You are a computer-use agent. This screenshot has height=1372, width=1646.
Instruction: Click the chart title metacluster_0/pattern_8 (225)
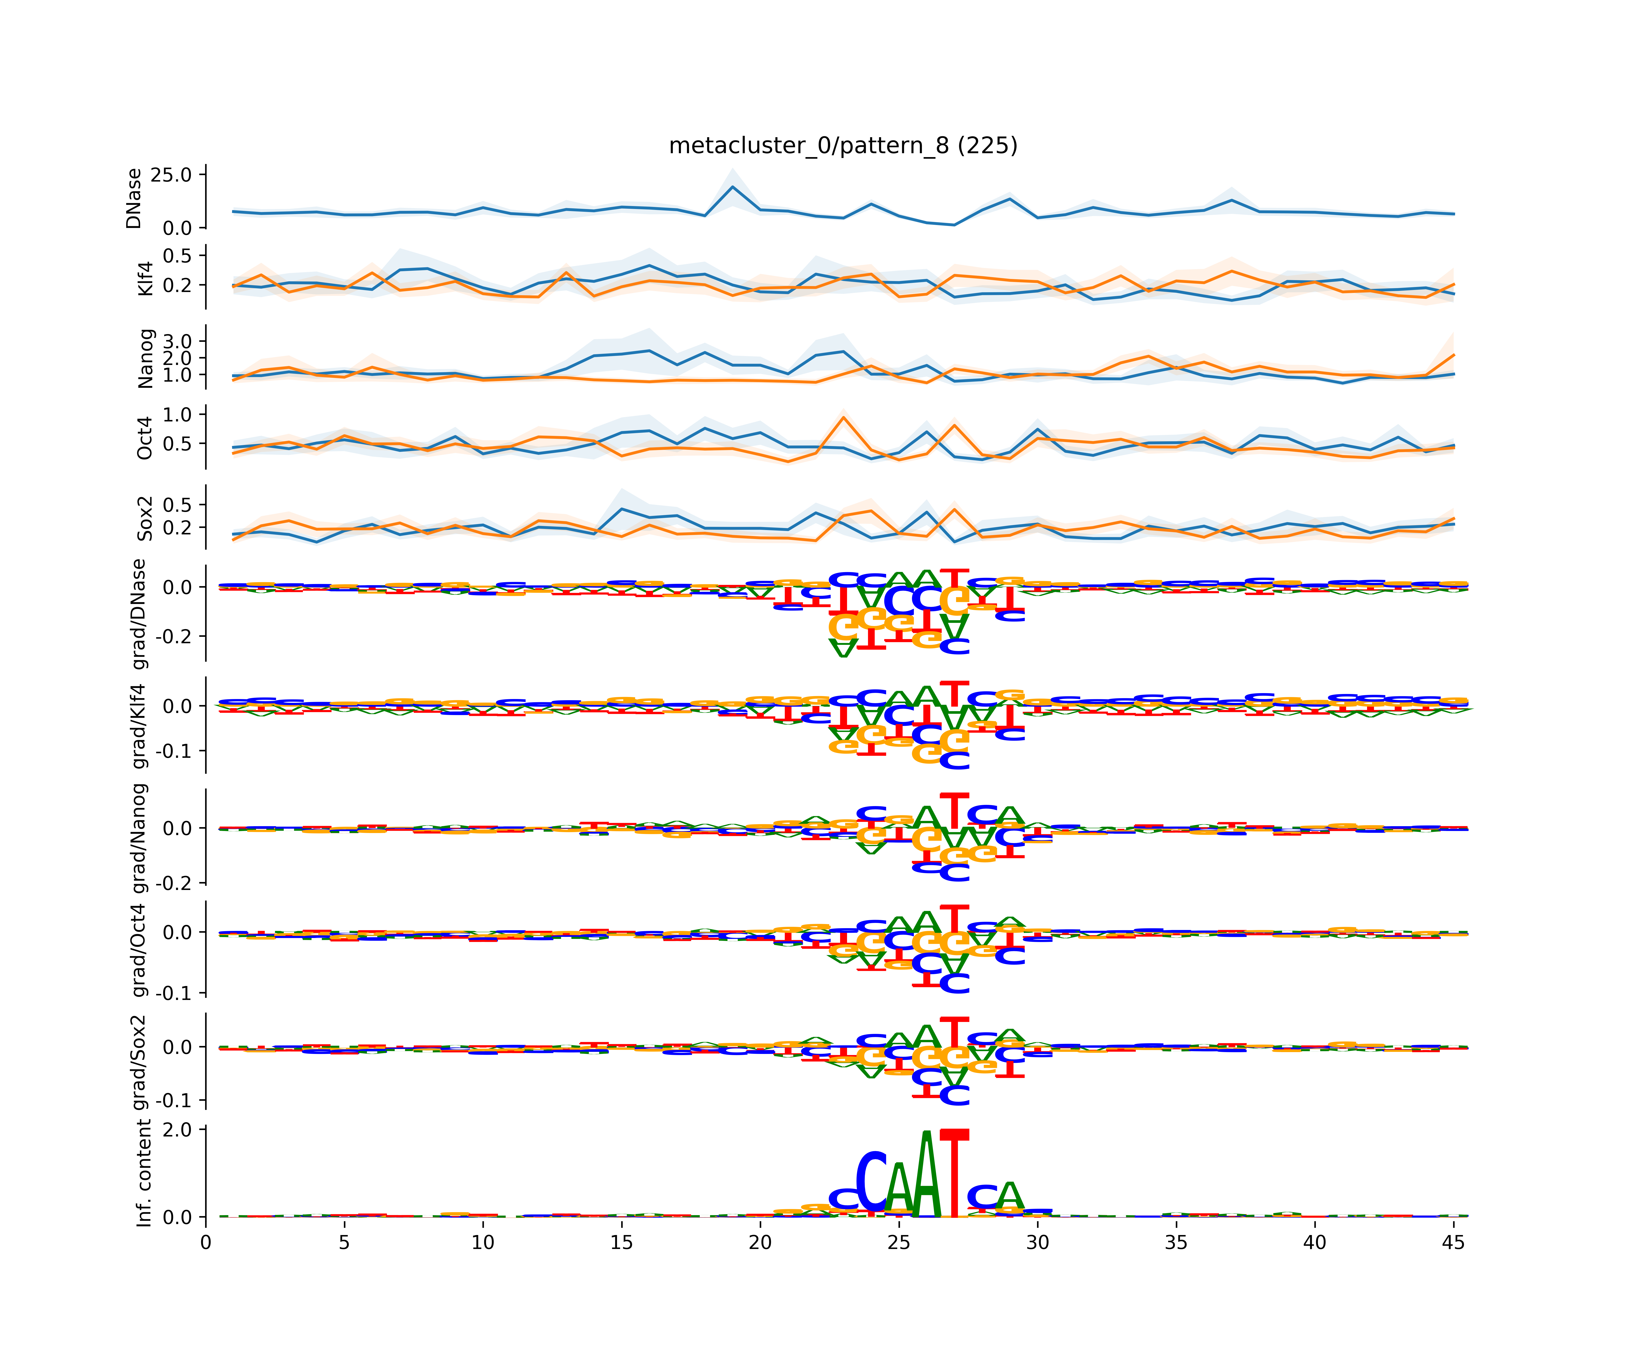843,146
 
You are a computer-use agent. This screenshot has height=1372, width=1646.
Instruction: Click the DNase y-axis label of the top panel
134,198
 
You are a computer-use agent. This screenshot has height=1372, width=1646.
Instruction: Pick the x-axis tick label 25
899,1243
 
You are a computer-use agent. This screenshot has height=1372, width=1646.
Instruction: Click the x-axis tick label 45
1453,1243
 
